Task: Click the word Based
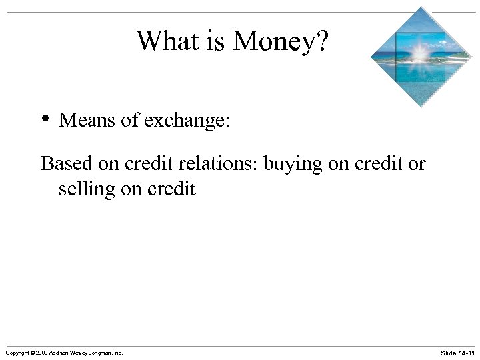click(67, 163)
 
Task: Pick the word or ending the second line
click(417, 163)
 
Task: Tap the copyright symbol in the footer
click(33, 352)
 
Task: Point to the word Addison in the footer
click(63, 352)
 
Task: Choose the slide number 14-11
click(466, 352)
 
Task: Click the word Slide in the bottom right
click(448, 352)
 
